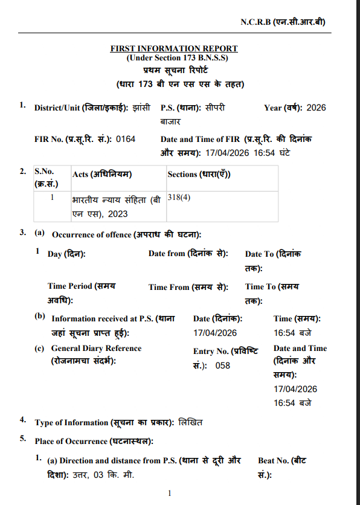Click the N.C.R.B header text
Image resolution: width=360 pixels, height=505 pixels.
pyautogui.click(x=283, y=22)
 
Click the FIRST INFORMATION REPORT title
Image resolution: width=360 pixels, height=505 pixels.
pyautogui.click(x=174, y=48)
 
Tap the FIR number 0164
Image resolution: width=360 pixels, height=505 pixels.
pyautogui.click(x=126, y=139)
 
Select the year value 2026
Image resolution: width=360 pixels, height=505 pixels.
pyautogui.click(x=316, y=108)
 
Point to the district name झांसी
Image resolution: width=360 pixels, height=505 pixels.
pyautogui.click(x=141, y=108)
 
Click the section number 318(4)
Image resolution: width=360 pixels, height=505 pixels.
pyautogui.click(x=179, y=198)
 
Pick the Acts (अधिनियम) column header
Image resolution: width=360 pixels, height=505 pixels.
pyautogui.click(x=102, y=175)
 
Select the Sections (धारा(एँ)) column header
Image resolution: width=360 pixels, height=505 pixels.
pyautogui.click(x=199, y=175)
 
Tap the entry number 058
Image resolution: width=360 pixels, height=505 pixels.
pyautogui.click(x=222, y=365)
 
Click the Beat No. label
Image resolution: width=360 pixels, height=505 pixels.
pyautogui.click(x=282, y=460)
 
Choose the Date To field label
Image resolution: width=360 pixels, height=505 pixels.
pyautogui.click(x=273, y=254)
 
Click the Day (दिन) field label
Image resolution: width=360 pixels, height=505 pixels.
pyautogui.click(x=66, y=254)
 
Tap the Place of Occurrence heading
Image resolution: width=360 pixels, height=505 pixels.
pyautogui.click(x=94, y=440)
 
